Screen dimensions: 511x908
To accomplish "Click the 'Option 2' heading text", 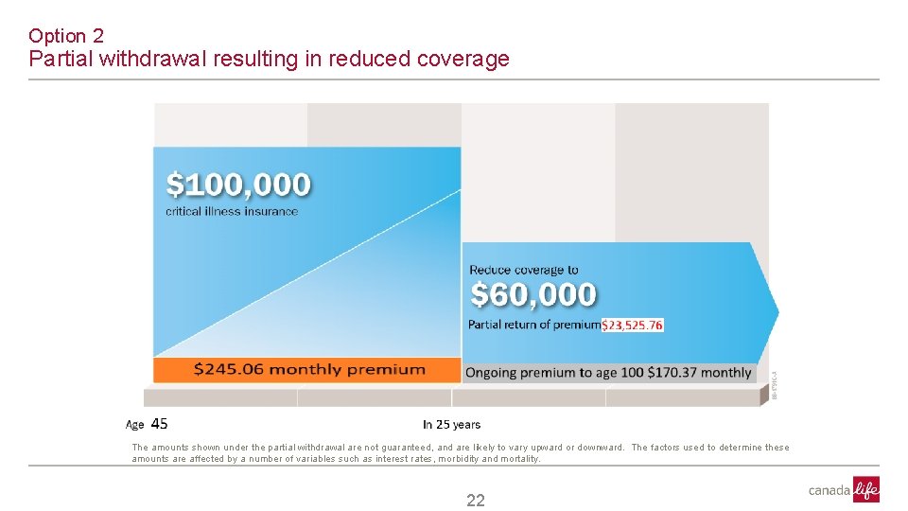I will (x=66, y=36).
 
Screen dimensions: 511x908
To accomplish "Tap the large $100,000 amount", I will (x=238, y=184).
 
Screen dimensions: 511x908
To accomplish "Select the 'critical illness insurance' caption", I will (x=232, y=211).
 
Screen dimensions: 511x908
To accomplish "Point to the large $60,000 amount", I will (x=533, y=295).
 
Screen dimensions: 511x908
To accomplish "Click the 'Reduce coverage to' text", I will (x=523, y=270).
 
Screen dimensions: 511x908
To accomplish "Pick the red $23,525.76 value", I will (x=632, y=325).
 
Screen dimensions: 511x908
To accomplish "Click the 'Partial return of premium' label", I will (x=534, y=325).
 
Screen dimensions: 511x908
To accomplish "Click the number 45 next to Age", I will (x=160, y=424).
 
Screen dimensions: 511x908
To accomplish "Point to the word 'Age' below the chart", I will (x=135, y=425).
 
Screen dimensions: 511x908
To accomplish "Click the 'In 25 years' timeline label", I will (x=451, y=425).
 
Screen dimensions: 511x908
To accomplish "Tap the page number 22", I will (x=475, y=501).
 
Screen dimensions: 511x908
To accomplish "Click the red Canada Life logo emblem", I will (x=865, y=489).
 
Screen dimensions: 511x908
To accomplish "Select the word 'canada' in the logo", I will (x=829, y=490).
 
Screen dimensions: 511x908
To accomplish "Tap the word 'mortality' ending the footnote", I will (x=519, y=459).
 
